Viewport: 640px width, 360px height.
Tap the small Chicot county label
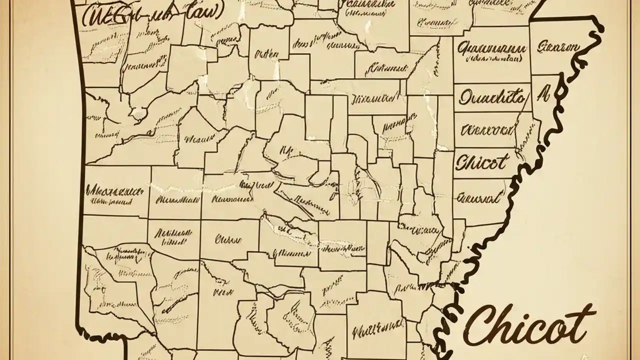[x=482, y=162]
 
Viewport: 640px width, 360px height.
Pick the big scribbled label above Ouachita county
[x=492, y=49]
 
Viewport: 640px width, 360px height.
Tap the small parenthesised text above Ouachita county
[x=492, y=59]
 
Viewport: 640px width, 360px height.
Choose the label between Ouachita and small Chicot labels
[x=487, y=131]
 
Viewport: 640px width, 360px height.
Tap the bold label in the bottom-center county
[x=370, y=330]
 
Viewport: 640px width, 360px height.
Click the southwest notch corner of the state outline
[x=124, y=335]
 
